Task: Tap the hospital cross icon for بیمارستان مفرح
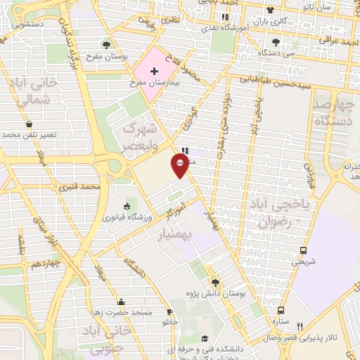pyautogui.click(x=154, y=71)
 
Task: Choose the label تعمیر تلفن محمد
pyautogui.click(x=42, y=134)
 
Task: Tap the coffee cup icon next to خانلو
pyautogui.click(x=169, y=311)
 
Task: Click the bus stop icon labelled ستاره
pyautogui.click(x=281, y=309)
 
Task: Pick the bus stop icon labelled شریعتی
pyautogui.click(x=304, y=250)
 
